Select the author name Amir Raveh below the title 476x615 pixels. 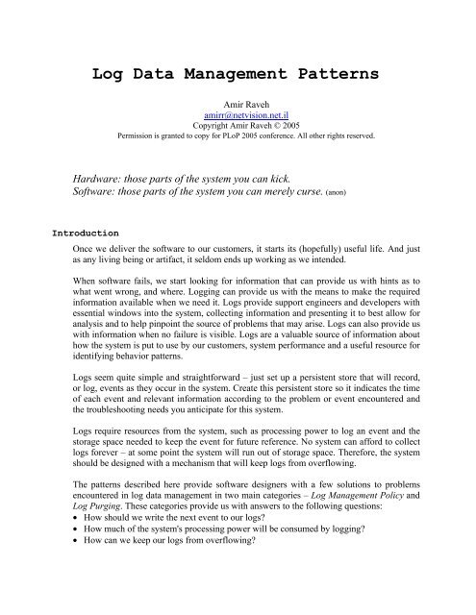[x=237, y=125]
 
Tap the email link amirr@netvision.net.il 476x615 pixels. [x=237, y=138]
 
